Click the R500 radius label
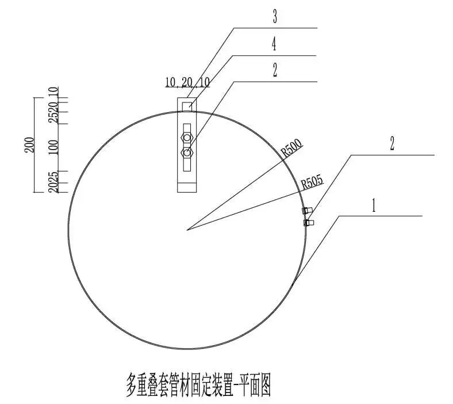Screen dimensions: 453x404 [291, 150]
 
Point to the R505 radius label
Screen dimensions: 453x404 [312, 183]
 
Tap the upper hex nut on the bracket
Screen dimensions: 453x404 [186, 138]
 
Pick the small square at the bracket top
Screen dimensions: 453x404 [186, 106]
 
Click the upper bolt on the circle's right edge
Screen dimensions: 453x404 [306, 211]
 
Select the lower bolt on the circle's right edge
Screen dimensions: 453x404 [308, 222]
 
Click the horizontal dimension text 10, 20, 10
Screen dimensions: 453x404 [187, 82]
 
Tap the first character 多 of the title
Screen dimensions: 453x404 [134, 384]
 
